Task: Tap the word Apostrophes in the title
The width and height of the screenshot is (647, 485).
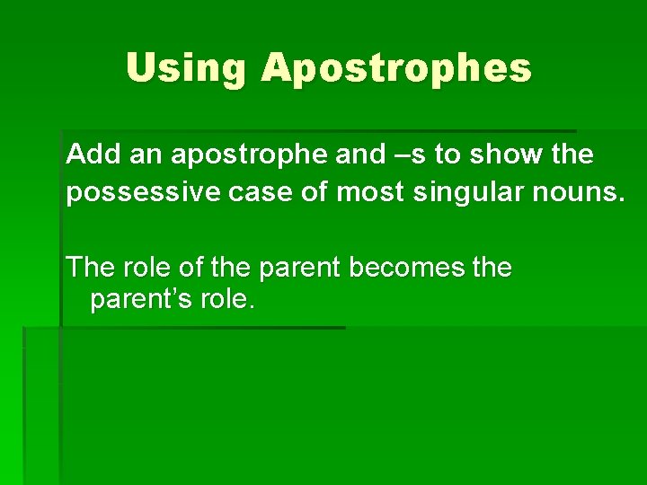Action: tap(396, 69)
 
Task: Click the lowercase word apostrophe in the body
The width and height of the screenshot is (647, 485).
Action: tap(251, 155)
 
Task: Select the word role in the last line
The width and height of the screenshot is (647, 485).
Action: tap(228, 300)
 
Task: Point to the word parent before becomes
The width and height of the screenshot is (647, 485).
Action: tap(297, 267)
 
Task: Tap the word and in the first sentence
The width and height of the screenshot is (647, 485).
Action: tap(360, 154)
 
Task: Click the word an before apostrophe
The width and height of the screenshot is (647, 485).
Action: tap(146, 154)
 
